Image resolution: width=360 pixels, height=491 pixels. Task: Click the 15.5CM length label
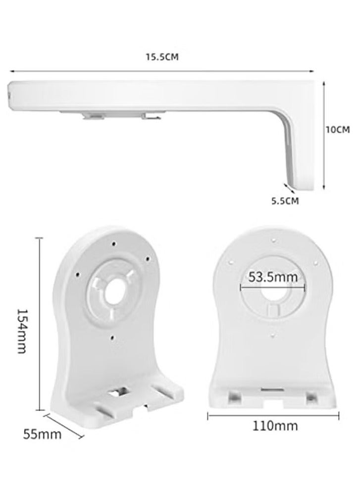pyautogui.click(x=161, y=57)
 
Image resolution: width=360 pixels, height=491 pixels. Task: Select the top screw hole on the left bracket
pyautogui.click(x=114, y=243)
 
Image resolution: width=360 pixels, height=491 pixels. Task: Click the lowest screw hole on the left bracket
pyautogui.click(x=113, y=338)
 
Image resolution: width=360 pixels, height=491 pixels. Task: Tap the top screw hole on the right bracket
pyautogui.click(x=273, y=241)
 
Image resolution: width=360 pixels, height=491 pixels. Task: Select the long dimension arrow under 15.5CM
pyautogui.click(x=161, y=71)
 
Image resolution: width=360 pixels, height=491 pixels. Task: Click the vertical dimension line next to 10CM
pyautogui.click(x=324, y=135)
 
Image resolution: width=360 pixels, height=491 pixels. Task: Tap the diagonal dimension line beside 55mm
pyautogui.click(x=64, y=424)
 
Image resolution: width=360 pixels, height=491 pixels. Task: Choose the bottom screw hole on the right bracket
pyautogui.click(x=273, y=335)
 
